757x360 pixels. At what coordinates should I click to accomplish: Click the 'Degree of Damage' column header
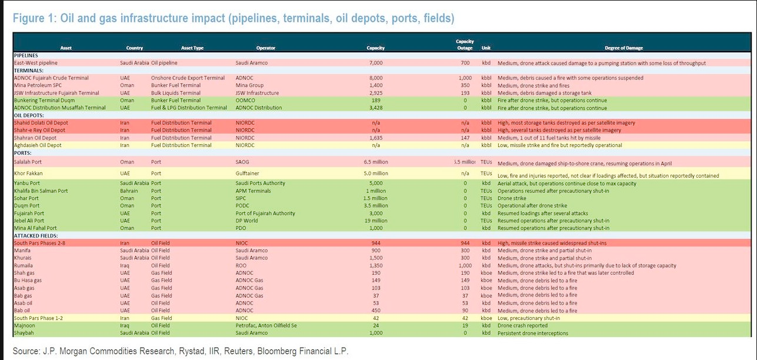coord(623,48)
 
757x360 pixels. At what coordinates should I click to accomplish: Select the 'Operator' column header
coord(266,48)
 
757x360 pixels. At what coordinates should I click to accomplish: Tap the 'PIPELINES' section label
coord(26,55)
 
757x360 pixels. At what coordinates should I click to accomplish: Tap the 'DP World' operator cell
coord(248,220)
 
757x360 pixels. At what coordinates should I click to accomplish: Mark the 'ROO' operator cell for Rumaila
coord(241,265)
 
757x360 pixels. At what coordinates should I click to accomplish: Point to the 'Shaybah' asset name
coord(25,334)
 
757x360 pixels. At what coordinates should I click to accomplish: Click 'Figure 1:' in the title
coord(33,18)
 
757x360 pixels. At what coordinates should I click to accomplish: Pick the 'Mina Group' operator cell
coord(250,85)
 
